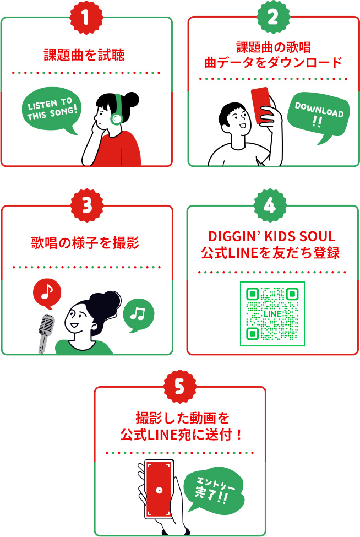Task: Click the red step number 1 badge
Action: [86, 17]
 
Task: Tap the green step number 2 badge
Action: [273, 17]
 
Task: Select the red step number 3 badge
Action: [87, 205]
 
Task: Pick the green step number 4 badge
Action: [270, 205]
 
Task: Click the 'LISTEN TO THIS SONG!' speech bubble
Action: [51, 110]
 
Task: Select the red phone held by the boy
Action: [261, 105]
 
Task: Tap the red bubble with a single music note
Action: [47, 293]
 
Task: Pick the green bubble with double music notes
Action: [138, 314]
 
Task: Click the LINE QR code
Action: [272, 314]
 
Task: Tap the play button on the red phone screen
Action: [159, 490]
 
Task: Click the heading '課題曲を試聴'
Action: [84, 55]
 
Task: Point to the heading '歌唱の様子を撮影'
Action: [85, 243]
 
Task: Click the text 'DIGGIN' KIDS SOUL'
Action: [272, 237]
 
